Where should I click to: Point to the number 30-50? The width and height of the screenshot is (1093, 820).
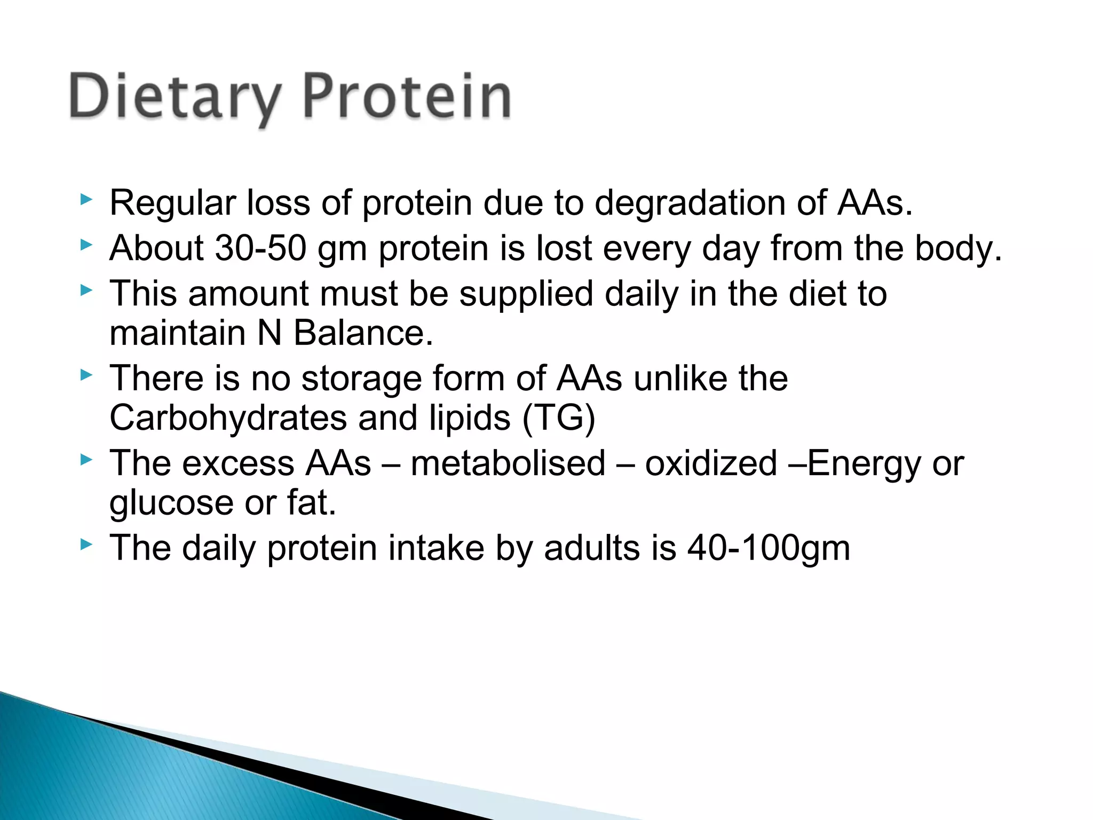coord(260,249)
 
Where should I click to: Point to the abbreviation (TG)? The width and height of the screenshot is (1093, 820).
coord(558,418)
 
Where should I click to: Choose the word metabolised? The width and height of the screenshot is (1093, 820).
coord(508,463)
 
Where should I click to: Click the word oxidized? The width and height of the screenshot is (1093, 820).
coord(710,463)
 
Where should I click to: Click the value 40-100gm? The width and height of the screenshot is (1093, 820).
coord(769,549)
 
